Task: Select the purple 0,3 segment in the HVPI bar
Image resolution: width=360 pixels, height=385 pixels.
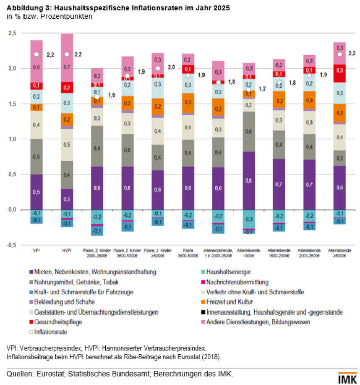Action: [67, 200]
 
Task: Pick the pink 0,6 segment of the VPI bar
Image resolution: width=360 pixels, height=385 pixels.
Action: [36, 67]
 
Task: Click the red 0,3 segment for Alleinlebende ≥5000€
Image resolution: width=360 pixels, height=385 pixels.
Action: [340, 70]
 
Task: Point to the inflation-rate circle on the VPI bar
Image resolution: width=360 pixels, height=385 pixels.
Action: [36, 54]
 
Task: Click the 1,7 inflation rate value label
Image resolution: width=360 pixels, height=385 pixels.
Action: [262, 89]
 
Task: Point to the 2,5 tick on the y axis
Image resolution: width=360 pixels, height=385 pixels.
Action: [12, 33]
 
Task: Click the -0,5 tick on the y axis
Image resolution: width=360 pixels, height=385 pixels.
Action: [11, 245]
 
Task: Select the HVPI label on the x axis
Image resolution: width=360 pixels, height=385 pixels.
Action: [67, 251]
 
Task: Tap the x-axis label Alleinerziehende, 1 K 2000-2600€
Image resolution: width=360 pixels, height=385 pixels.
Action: [218, 253]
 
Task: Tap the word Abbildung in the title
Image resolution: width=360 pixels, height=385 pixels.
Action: [22, 8]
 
